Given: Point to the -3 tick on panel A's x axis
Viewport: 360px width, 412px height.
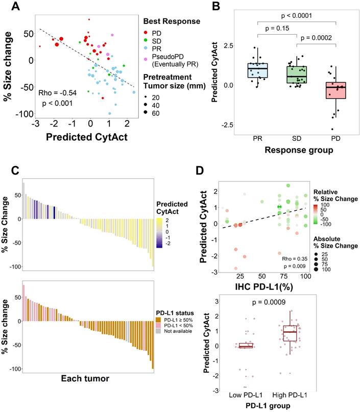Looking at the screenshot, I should point(36,124).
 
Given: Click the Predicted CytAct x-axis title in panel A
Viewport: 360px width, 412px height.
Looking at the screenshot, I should point(86,137).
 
